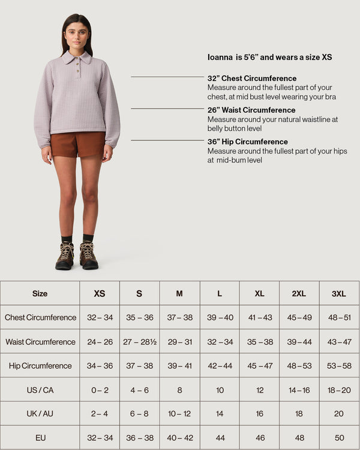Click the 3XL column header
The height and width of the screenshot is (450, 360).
pos(339,293)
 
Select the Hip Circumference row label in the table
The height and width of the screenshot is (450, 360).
pos(40,365)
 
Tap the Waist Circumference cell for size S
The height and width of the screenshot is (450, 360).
pos(139,341)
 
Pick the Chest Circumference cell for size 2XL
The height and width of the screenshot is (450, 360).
pos(299,317)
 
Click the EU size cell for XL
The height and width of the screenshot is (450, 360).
pos(259,438)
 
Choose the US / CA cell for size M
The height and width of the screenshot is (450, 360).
pos(179,390)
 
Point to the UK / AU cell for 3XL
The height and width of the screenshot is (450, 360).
pos(339,414)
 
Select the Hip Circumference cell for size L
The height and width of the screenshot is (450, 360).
pos(220,365)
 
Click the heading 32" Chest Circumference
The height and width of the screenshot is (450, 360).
pos(252,79)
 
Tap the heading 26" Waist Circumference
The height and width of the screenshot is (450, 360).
pos(251,110)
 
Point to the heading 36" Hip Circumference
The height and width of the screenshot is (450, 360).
pos(248,142)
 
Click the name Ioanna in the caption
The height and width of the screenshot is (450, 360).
pos(220,58)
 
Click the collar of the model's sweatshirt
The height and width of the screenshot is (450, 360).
pos(77,58)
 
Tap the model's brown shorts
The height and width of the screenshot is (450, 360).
pos(77,145)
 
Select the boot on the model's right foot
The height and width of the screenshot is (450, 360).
pos(65,256)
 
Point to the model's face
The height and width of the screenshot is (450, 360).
pos(77,35)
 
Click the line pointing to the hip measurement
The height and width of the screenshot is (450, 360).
pos(167,140)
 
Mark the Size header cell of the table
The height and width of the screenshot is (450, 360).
pos(40,293)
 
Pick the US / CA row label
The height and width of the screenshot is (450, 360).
pos(40,390)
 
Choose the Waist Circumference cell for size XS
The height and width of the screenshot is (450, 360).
pos(100,341)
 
